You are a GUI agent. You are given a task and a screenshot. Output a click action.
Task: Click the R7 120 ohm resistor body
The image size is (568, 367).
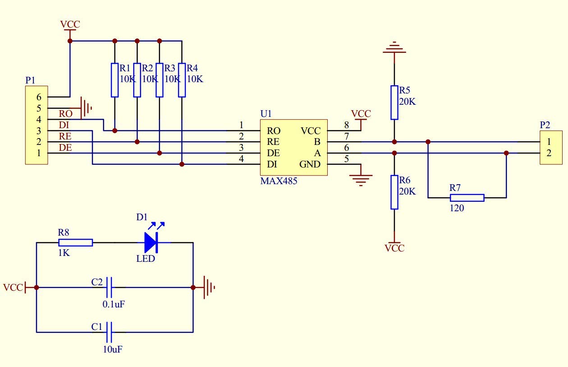pos(467,198)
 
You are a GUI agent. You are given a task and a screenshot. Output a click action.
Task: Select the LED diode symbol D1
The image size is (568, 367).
pos(151,242)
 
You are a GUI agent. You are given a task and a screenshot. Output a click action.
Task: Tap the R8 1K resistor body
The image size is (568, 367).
pos(76,242)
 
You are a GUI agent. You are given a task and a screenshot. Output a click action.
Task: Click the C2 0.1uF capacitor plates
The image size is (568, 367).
pos(109,287)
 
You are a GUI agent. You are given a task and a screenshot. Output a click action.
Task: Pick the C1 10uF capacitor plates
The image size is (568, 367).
pos(109,332)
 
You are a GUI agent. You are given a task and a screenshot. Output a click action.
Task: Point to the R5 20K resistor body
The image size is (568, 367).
pos(394,102)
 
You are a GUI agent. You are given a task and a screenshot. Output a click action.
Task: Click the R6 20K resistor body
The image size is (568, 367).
pos(394,192)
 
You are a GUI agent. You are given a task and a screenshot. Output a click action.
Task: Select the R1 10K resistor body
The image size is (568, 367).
pos(115,80)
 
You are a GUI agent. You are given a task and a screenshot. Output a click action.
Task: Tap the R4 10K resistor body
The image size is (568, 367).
pos(182,80)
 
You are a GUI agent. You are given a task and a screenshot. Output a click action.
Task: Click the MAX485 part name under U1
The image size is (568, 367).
pos(279,181)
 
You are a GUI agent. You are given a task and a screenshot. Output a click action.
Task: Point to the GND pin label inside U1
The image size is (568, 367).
pos(310,164)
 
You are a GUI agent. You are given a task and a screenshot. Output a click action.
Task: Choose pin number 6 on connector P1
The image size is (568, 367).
pos(39,97)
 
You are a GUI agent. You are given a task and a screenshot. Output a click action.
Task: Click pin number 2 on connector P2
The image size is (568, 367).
pos(549,153)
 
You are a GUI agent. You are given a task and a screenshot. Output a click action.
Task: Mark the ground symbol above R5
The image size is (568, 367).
pos(394,47)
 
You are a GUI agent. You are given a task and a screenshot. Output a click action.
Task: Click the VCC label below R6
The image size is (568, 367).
pos(394,248)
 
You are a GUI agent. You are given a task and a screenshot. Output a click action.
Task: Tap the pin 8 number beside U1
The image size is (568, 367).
pos(347,125)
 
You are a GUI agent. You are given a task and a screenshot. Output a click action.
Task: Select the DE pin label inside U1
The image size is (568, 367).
pos(273,153)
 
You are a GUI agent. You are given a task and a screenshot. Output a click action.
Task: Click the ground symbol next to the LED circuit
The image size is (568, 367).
pos(209,288)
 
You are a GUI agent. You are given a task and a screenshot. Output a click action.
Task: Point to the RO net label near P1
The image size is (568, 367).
pos(66,114)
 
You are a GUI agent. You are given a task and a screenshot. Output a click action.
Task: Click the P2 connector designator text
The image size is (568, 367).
pos(545,125)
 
